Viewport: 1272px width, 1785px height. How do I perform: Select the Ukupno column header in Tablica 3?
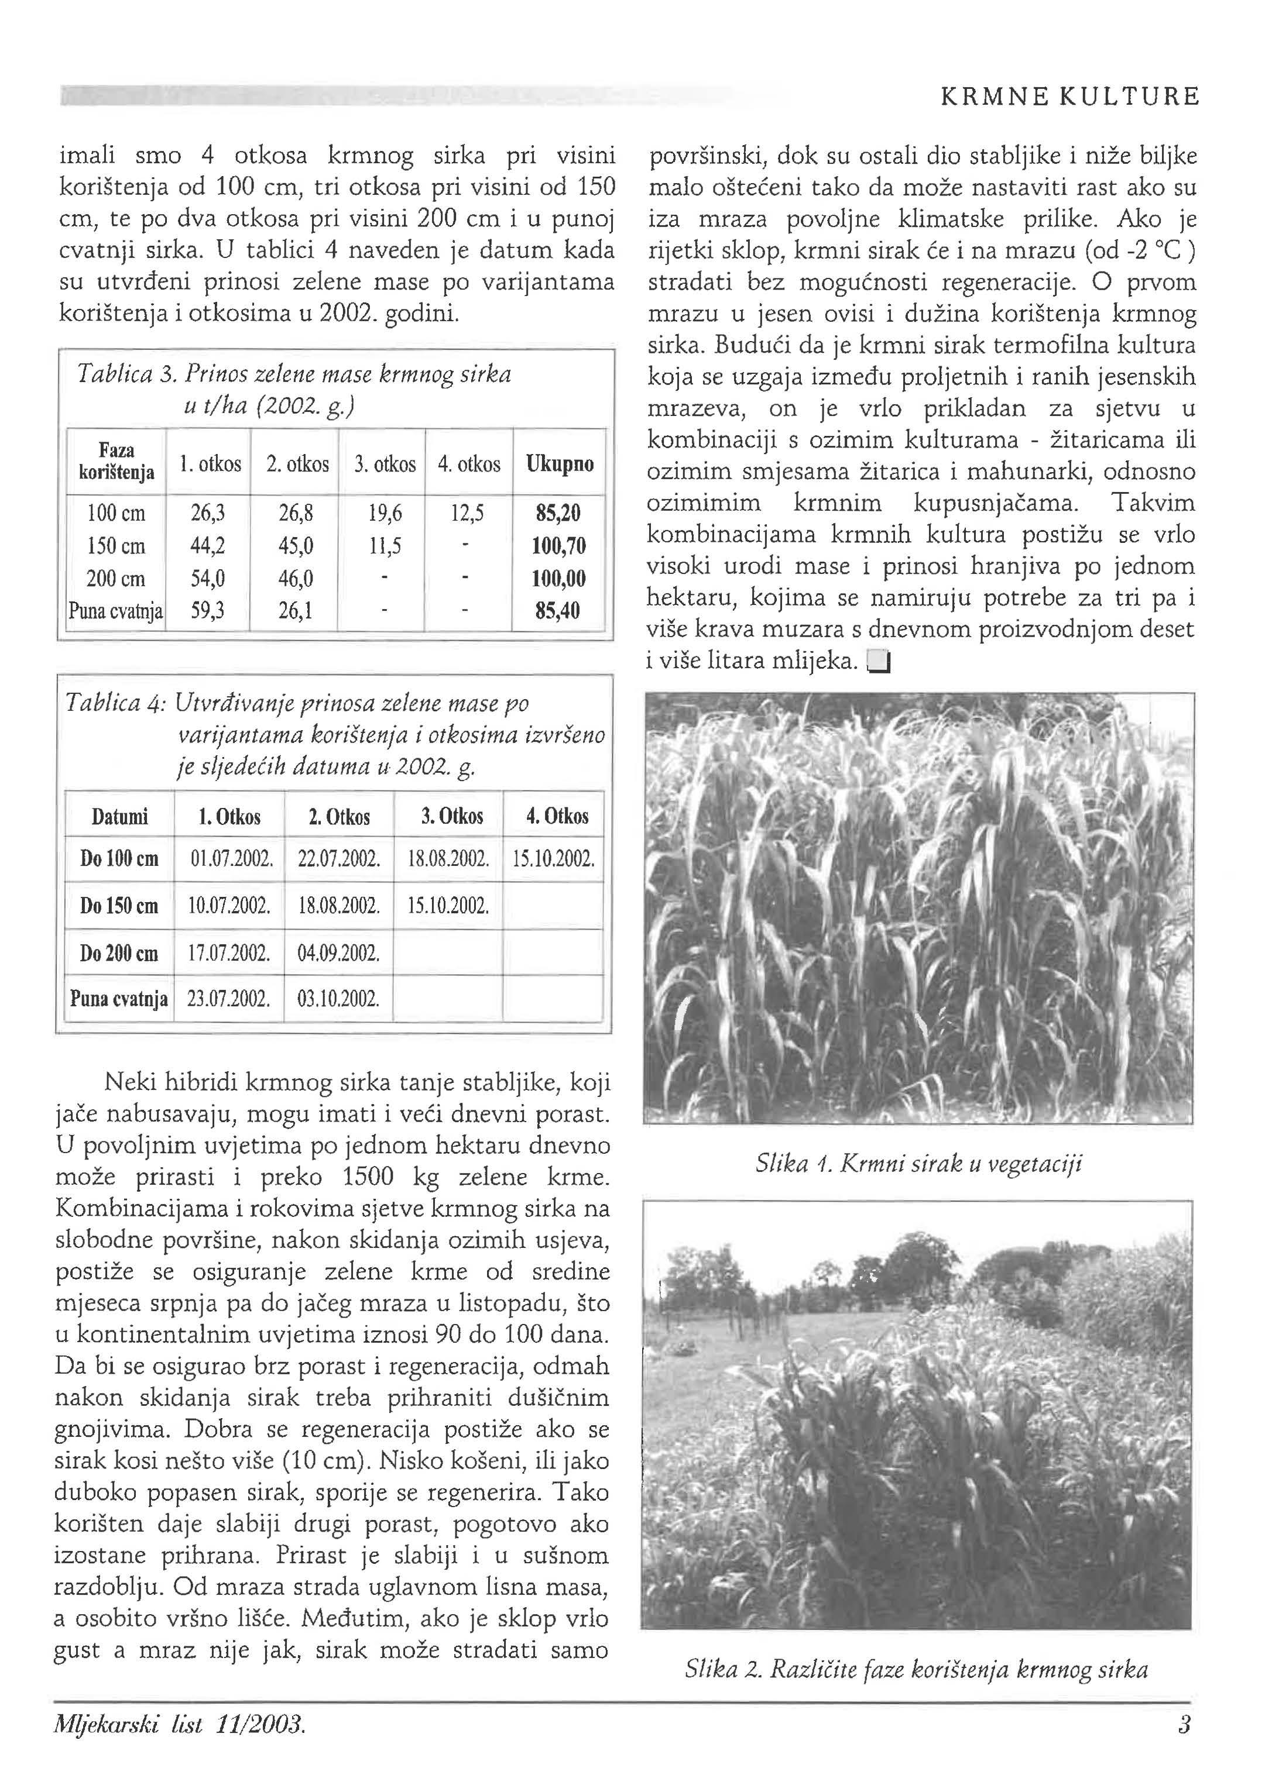[x=559, y=463]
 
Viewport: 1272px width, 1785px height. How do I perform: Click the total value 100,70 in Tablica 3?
[x=558, y=546]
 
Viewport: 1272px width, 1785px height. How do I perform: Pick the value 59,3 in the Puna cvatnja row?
[x=208, y=610]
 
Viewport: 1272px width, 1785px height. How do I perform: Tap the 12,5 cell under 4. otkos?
[x=468, y=514]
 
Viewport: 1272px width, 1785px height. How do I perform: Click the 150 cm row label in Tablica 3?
[x=116, y=546]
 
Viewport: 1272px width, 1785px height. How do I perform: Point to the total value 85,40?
[x=558, y=610]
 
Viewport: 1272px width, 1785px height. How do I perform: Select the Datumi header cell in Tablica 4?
[x=120, y=817]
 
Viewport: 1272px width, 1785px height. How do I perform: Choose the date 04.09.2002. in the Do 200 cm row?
[x=339, y=954]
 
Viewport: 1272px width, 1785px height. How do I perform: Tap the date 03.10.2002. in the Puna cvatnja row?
[x=339, y=999]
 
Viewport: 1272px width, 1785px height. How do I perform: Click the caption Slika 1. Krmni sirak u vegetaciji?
[x=918, y=1164]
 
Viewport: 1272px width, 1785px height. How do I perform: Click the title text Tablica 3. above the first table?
[x=125, y=374]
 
